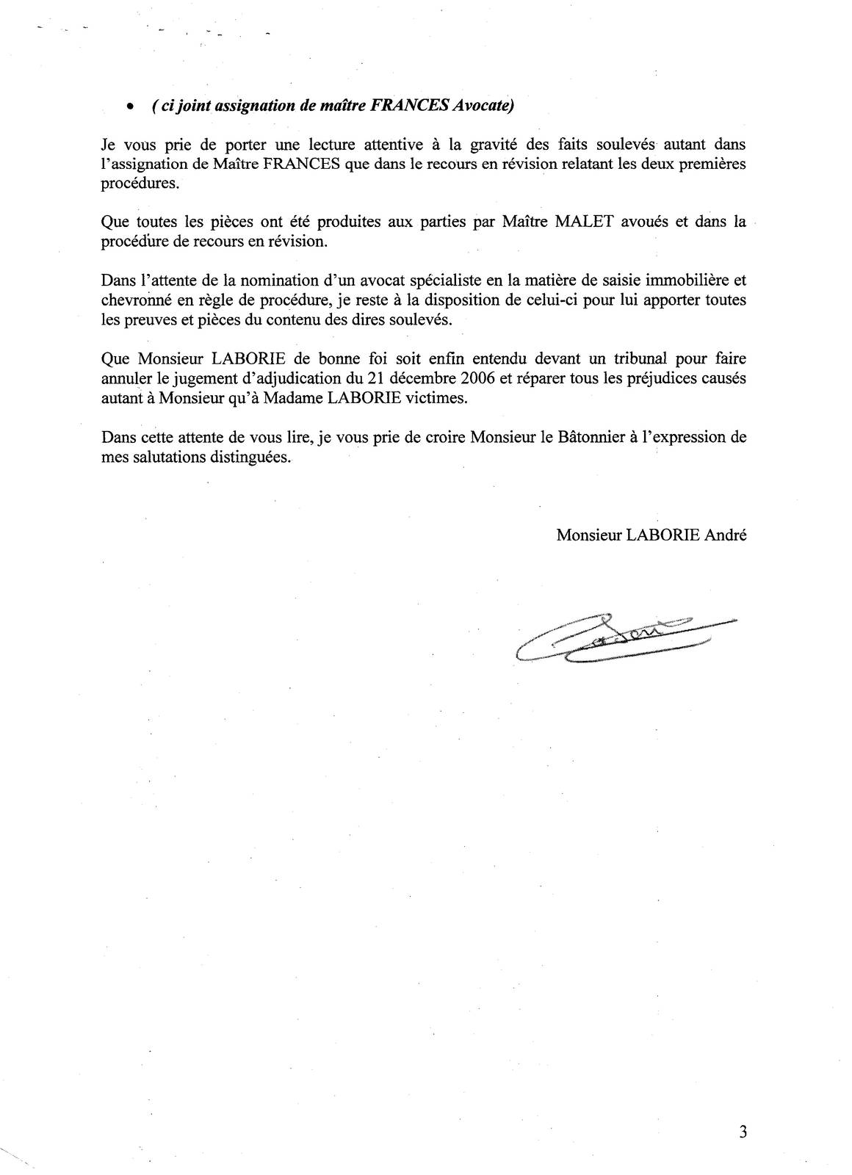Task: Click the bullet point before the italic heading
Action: click(x=130, y=107)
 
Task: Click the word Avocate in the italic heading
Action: click(x=481, y=106)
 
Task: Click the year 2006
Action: click(x=474, y=379)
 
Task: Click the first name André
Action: click(x=726, y=535)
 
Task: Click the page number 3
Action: click(x=743, y=1132)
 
